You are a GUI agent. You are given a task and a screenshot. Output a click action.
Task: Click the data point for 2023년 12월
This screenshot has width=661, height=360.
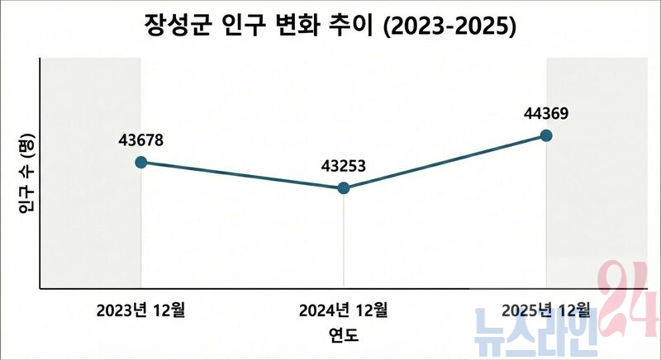pyautogui.click(x=140, y=162)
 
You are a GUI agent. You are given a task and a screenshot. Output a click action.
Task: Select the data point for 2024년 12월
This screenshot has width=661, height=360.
pyautogui.click(x=344, y=188)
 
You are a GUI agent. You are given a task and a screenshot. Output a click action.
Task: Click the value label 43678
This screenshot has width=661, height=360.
pyautogui.click(x=140, y=140)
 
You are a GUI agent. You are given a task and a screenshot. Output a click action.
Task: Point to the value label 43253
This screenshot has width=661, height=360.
pyautogui.click(x=343, y=167)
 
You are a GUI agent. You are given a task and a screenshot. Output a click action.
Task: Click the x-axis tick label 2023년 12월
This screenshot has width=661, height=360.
pyautogui.click(x=140, y=311)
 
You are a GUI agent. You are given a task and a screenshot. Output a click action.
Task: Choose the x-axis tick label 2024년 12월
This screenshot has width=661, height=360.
pyautogui.click(x=343, y=311)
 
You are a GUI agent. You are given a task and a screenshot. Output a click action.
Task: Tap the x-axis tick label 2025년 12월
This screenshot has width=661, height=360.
pyautogui.click(x=546, y=311)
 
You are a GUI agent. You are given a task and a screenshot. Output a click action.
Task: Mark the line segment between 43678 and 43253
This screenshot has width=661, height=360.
pyautogui.click(x=242, y=175)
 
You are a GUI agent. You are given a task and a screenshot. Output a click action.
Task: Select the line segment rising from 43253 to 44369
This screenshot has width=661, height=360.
pyautogui.click(x=445, y=162)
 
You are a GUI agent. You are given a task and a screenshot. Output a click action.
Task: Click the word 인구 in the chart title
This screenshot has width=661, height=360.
pyautogui.click(x=245, y=26)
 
